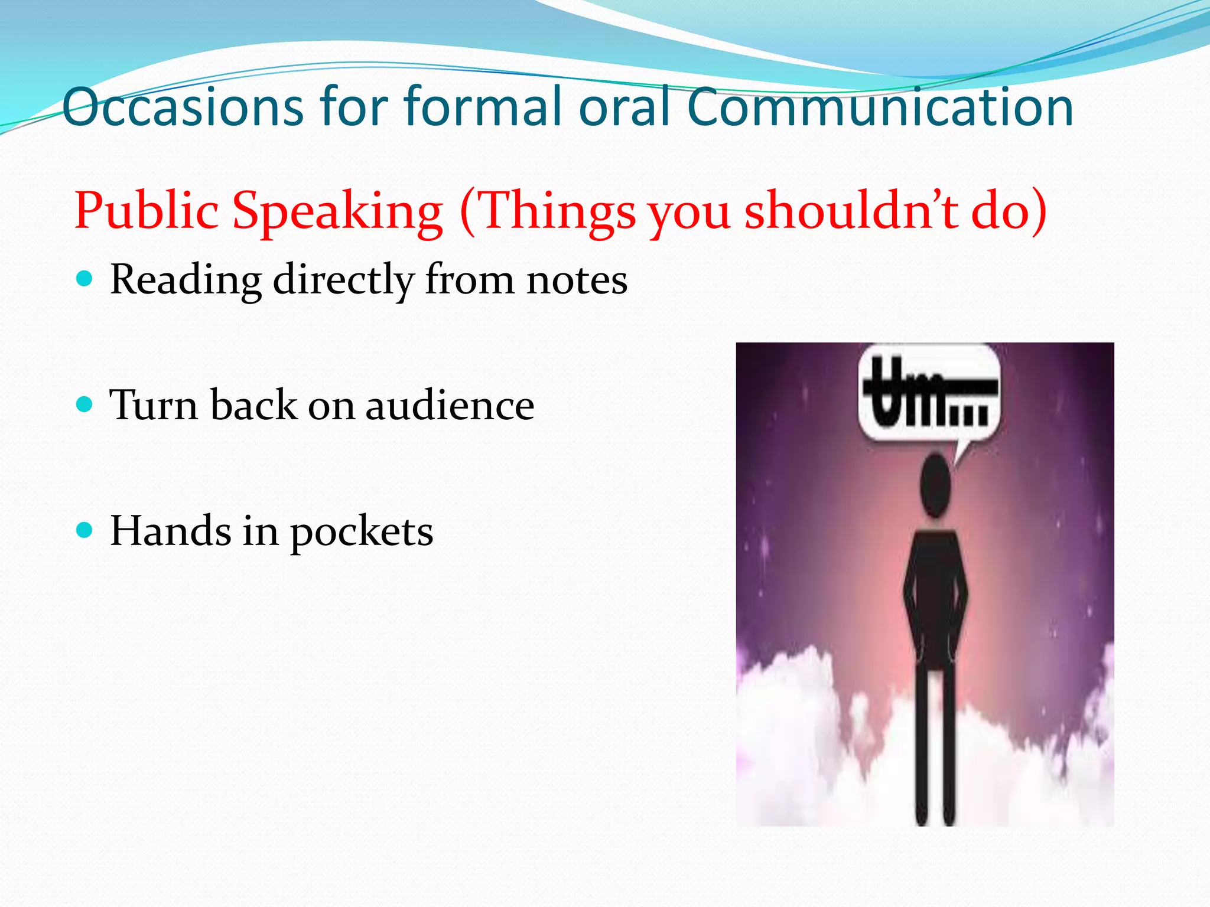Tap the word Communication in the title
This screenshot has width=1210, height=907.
click(x=880, y=107)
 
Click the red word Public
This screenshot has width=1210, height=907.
click(x=146, y=211)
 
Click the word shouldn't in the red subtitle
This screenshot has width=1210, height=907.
click(x=851, y=211)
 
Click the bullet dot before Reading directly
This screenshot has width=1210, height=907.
click(x=85, y=278)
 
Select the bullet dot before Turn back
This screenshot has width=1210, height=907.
click(x=85, y=404)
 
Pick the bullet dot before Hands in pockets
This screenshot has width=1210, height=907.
click(x=85, y=530)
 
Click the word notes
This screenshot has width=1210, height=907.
click(x=577, y=280)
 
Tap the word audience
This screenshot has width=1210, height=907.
click(x=450, y=406)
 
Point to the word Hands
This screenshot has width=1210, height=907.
click(x=171, y=530)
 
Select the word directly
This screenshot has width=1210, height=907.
click(x=343, y=280)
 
